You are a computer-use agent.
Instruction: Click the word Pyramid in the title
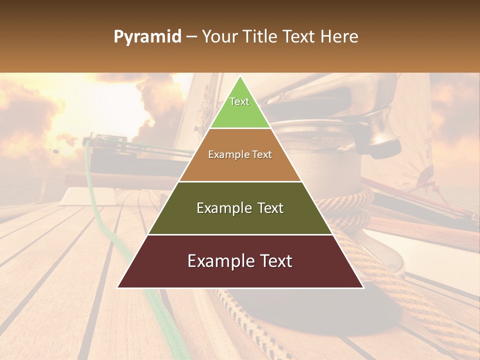point(147,37)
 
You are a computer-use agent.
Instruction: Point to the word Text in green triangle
point(239,101)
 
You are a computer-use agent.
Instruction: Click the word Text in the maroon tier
point(274,261)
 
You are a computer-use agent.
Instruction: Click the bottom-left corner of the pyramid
point(118,287)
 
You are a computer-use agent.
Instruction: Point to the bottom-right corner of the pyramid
point(363,287)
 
